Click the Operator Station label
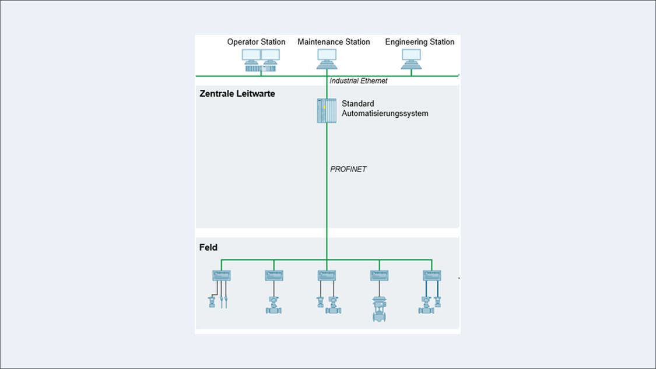click(x=256, y=42)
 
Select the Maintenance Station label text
click(x=334, y=42)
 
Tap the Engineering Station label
click(x=419, y=42)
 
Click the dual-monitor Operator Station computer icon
click(x=261, y=60)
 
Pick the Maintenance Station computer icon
click(x=327, y=59)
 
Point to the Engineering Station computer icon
click(x=411, y=58)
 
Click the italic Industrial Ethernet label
click(x=358, y=81)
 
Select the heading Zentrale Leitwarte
click(x=237, y=93)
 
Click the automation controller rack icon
click(x=327, y=111)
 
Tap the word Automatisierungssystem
click(x=385, y=114)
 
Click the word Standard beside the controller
click(x=358, y=104)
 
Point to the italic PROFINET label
click(x=348, y=170)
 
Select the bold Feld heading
click(x=208, y=248)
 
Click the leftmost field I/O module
click(x=222, y=275)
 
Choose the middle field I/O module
click(x=327, y=275)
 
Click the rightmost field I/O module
click(x=432, y=275)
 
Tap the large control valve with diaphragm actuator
click(x=379, y=309)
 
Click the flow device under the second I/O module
click(x=273, y=305)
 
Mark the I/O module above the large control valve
click(x=379, y=275)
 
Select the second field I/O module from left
click(x=274, y=275)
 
